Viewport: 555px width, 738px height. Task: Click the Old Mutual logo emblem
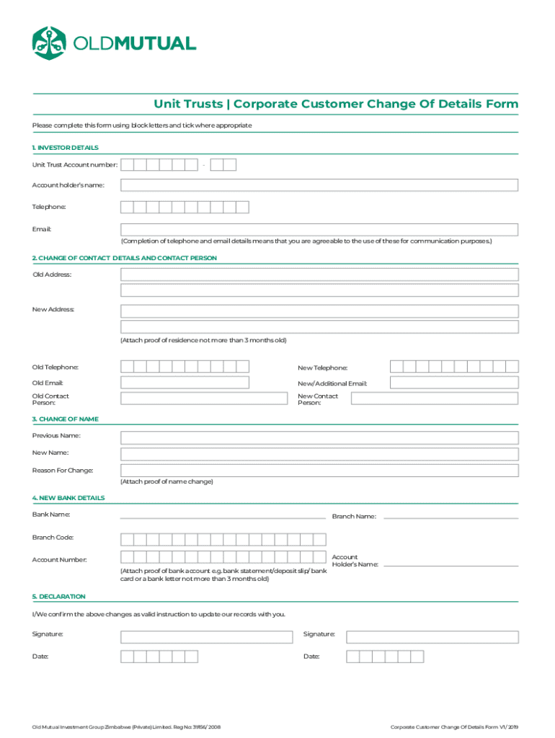(49, 43)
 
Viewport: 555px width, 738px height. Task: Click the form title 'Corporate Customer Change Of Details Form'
(375, 105)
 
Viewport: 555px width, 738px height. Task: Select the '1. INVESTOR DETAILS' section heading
(65, 148)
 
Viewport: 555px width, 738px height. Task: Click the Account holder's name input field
(319, 185)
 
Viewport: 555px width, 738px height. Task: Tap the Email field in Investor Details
(319, 230)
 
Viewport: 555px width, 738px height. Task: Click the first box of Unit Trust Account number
(127, 165)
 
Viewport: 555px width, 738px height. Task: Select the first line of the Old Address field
(319, 275)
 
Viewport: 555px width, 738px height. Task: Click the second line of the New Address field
(319, 327)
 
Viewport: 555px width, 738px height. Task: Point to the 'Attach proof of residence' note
(203, 340)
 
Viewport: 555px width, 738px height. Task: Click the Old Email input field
(185, 383)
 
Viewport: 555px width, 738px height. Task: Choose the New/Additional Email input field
(453, 383)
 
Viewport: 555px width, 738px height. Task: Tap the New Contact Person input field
(453, 399)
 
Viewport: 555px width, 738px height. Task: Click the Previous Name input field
(319, 437)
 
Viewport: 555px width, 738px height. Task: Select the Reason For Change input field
(319, 471)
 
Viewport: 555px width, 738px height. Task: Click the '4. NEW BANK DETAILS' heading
(68, 498)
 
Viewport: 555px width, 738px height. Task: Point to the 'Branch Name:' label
(353, 516)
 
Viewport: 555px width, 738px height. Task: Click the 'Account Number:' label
(59, 560)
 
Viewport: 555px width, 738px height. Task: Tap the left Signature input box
(206, 637)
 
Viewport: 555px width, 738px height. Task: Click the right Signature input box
(432, 637)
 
